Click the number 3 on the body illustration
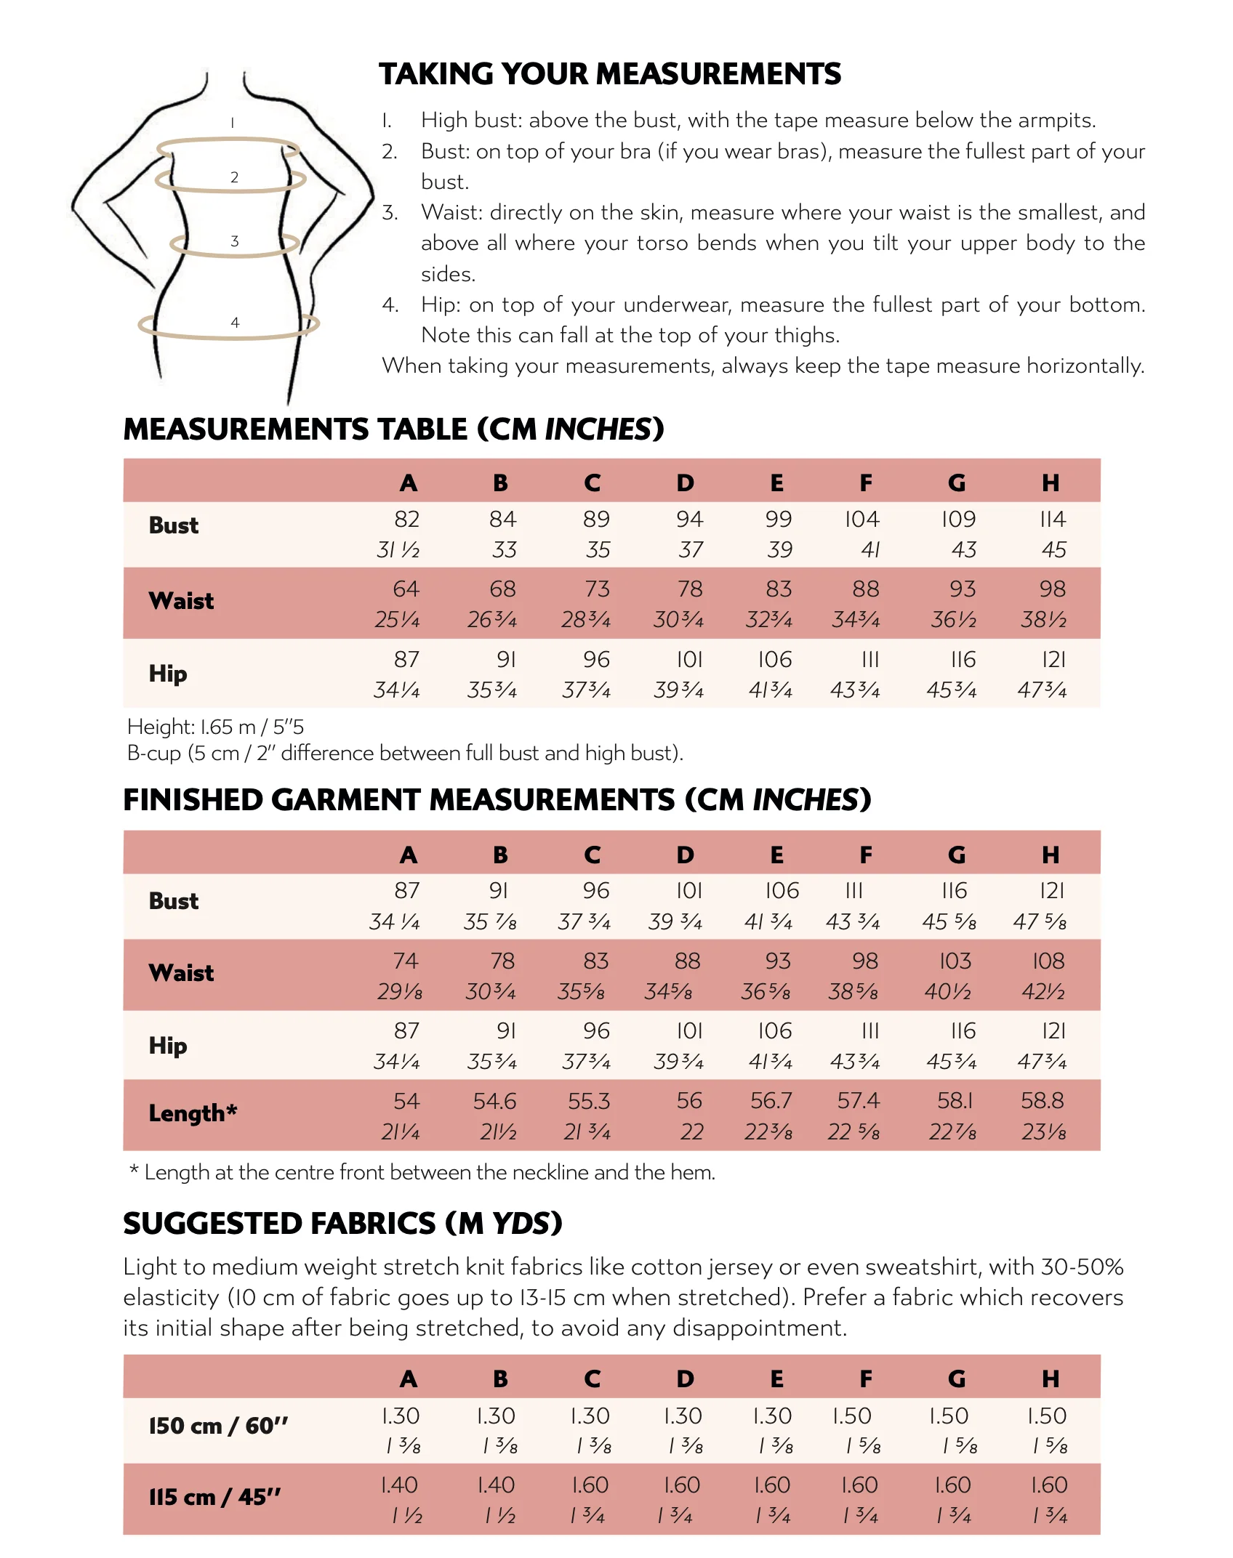point(234,241)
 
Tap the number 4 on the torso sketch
point(235,322)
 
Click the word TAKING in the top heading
point(435,74)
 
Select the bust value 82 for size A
point(406,519)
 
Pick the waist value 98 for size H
point(1052,589)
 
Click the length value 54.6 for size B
point(494,1101)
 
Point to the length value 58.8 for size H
point(1042,1101)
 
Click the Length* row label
point(193,1113)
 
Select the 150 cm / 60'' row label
point(218,1426)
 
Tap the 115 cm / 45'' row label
point(214,1497)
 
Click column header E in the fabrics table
point(776,1379)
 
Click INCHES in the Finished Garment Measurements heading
point(806,800)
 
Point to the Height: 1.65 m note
point(215,727)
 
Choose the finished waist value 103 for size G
point(955,961)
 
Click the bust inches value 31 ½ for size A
point(398,550)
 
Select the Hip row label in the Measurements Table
point(168,674)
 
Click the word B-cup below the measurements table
point(153,753)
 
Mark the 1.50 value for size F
point(851,1416)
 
